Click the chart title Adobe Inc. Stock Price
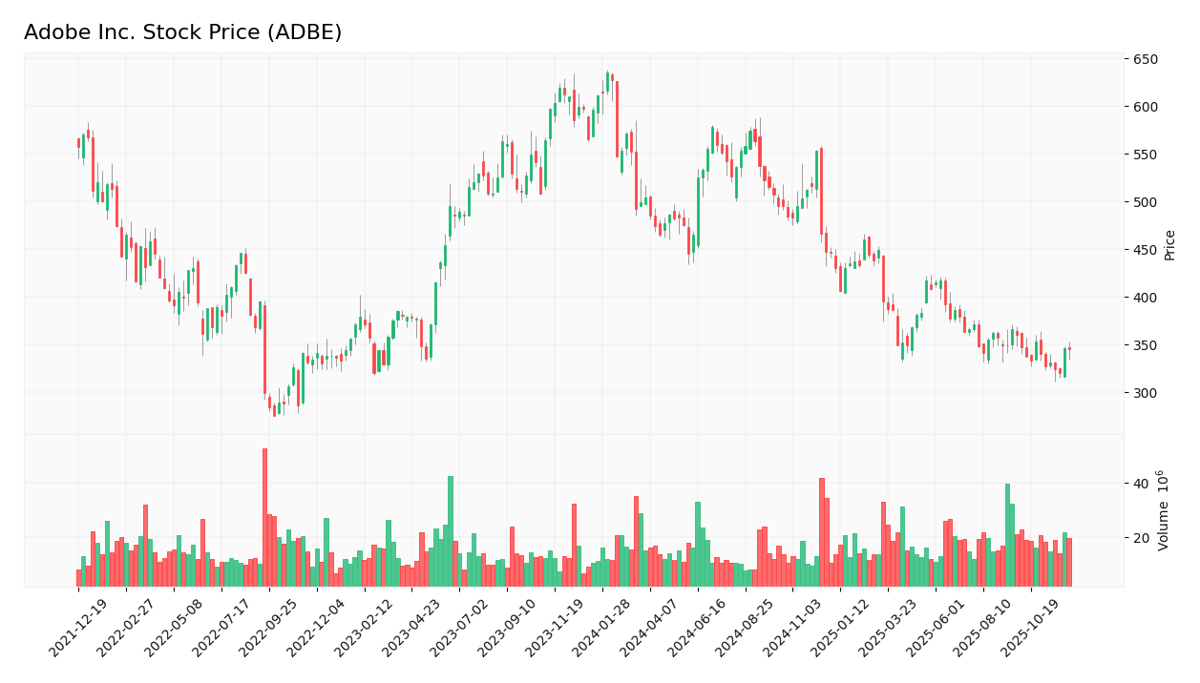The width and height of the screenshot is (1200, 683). pos(182,32)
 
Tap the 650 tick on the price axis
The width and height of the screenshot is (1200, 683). pos(1145,59)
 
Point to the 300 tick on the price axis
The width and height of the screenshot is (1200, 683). pos(1145,393)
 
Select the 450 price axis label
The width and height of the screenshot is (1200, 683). pos(1145,250)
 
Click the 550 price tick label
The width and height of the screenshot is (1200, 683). pos(1145,155)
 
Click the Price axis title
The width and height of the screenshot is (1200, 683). pos(1169,244)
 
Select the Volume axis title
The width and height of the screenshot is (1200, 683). pos(1164,510)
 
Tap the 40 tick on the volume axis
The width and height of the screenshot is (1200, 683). pos(1140,484)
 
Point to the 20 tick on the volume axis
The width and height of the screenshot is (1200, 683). pos(1140,538)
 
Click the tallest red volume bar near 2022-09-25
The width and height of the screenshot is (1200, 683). pos(264,517)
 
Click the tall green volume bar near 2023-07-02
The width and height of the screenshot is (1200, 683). pos(451,530)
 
